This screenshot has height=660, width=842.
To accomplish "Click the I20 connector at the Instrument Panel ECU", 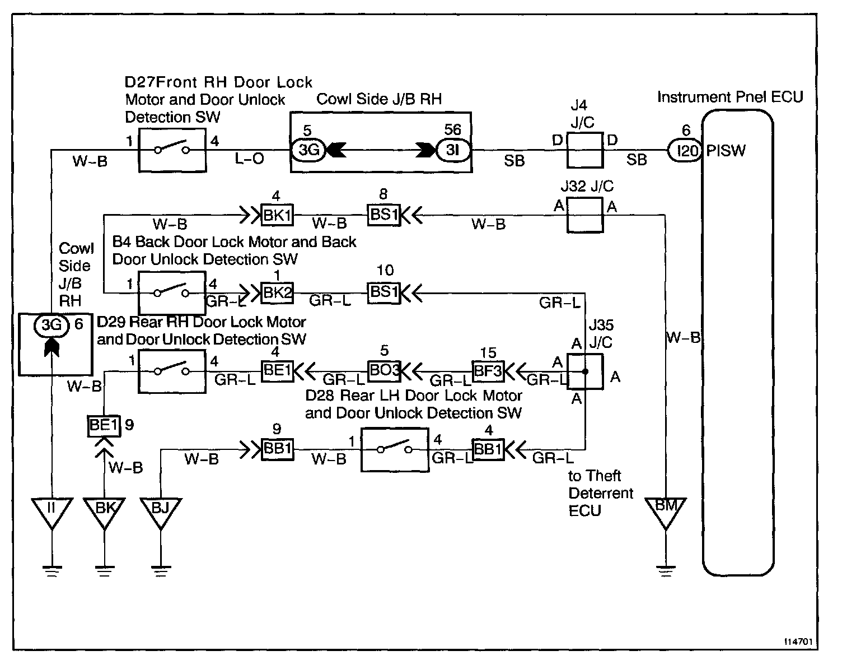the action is point(685,151).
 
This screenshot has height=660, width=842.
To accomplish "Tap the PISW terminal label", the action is point(726,151).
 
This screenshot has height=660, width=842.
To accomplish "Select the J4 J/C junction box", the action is point(585,150).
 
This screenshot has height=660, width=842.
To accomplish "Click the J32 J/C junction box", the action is point(585,215).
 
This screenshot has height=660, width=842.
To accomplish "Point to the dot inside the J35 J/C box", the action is point(585,371).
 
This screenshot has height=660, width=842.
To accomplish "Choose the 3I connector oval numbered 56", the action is point(453,150).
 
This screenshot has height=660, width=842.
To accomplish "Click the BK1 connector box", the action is point(277,215).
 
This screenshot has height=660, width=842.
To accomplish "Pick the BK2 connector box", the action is point(277,293).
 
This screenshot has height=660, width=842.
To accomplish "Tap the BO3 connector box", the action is point(384,371).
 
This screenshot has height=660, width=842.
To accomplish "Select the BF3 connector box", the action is point(488,371).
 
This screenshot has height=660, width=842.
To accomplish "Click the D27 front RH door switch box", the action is point(172,150).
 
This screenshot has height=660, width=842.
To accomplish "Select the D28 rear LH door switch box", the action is point(395,450).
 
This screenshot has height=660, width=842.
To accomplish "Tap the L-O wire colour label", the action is point(249,158).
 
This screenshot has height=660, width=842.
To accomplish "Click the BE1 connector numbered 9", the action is point(104,426).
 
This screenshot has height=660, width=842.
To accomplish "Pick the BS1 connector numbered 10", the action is point(384,293).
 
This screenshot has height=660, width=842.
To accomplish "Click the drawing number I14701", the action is point(798,642).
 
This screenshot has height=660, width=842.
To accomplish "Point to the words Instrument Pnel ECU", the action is point(730,97).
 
